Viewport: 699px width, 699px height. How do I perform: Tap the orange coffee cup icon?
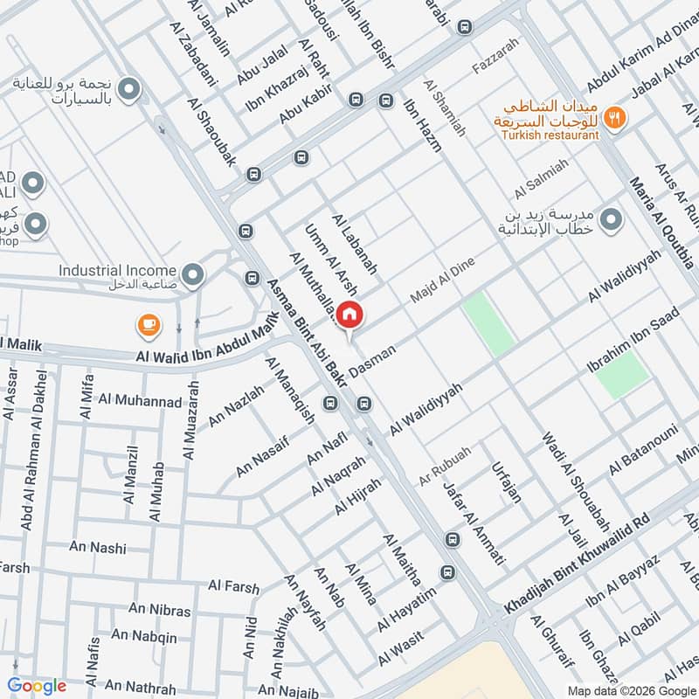[149, 327]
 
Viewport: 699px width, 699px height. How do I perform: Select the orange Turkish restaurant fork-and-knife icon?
[617, 117]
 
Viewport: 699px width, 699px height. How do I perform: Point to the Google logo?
[37, 686]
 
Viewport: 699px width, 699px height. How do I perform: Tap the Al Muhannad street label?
[140, 402]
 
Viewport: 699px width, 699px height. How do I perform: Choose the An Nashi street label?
[98, 548]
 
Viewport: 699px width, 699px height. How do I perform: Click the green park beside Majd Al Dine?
[489, 324]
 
